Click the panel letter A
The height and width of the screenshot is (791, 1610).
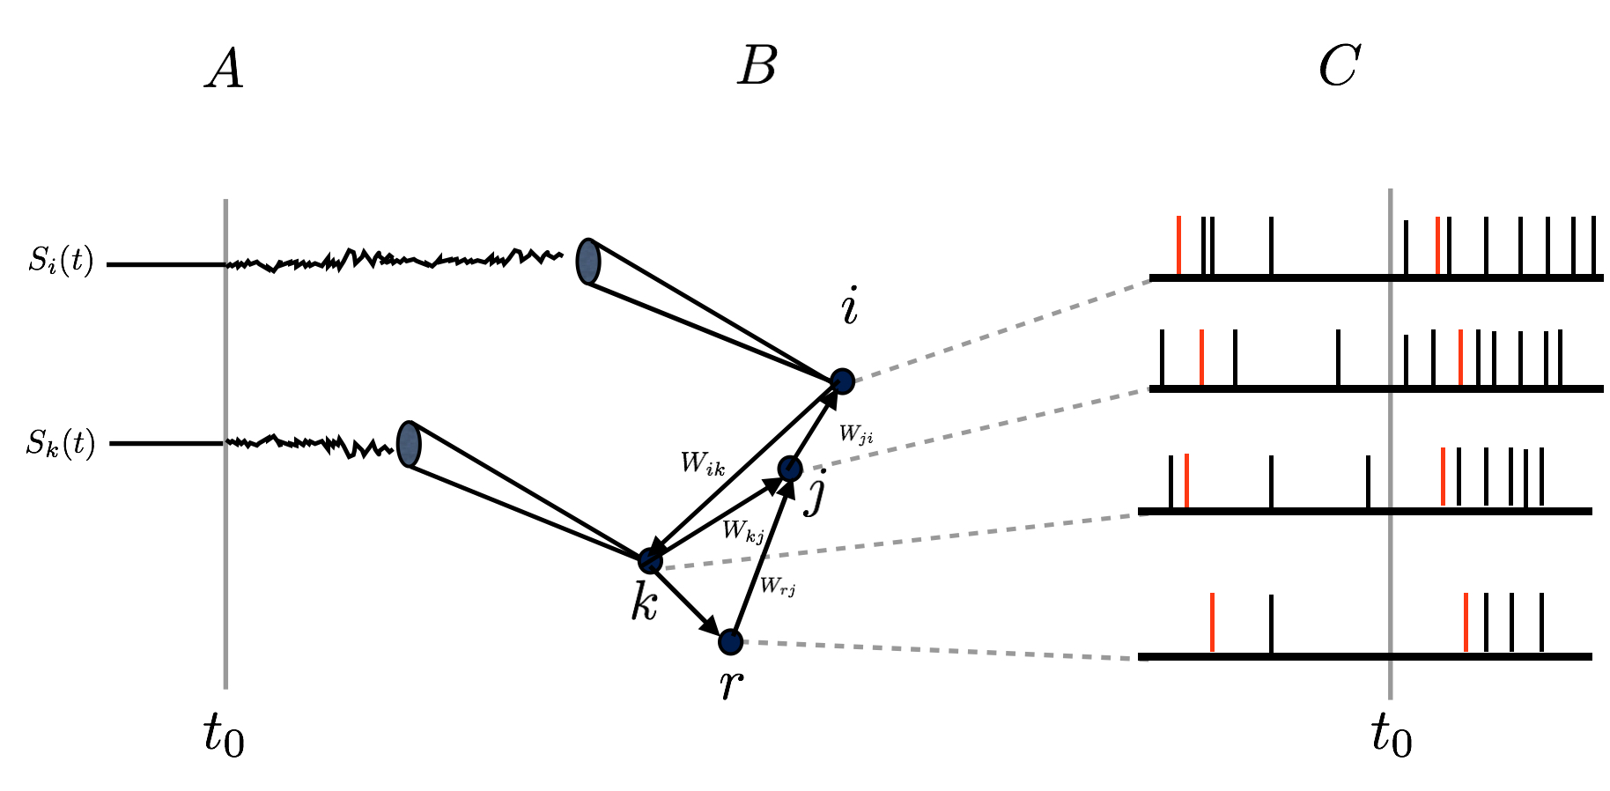[x=225, y=69]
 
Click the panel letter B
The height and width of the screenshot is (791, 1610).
[x=757, y=66]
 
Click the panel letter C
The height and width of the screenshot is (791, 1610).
[x=1340, y=66]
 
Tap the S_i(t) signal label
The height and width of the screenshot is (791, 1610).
[x=61, y=262]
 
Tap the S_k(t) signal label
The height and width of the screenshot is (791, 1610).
[x=60, y=443]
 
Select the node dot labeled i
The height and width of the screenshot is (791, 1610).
[x=843, y=381]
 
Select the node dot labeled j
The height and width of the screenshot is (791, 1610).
[x=790, y=469]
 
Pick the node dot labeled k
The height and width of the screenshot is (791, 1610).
[x=650, y=560]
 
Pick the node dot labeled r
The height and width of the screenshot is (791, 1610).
[x=730, y=642]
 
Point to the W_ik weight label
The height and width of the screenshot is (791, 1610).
[x=703, y=463]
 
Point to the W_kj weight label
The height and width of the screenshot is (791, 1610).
[x=742, y=530]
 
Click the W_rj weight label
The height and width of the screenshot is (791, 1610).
[x=778, y=586]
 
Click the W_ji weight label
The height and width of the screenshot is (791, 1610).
[x=856, y=433]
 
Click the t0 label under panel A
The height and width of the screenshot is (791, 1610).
[x=224, y=734]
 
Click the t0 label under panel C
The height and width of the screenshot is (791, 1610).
[x=1392, y=734]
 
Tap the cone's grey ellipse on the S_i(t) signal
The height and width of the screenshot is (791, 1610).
[x=587, y=262]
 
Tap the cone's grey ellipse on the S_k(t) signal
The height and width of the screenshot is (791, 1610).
[x=408, y=443]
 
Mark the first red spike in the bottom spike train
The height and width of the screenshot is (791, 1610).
[x=1213, y=622]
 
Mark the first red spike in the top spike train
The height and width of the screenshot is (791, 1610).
[x=1178, y=245]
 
